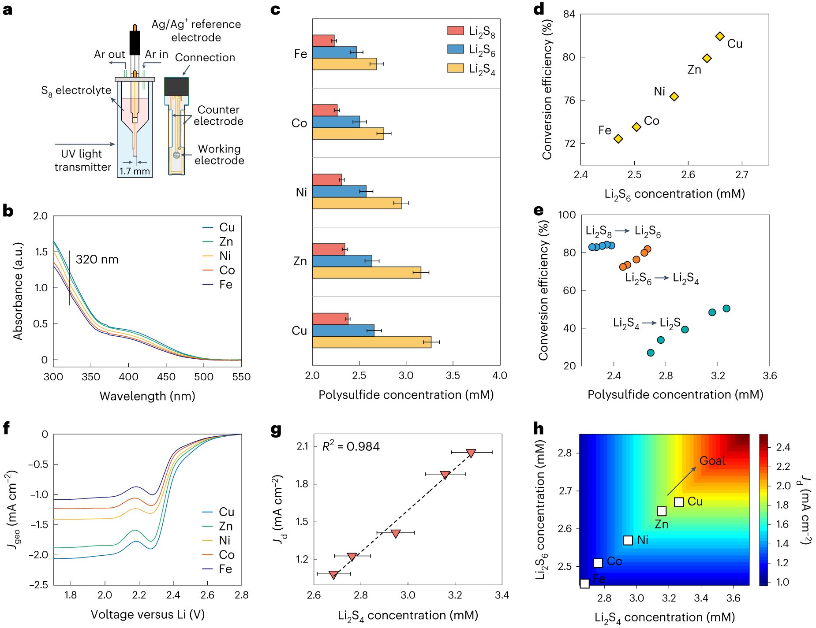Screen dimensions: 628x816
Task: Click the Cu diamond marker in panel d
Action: tap(720, 36)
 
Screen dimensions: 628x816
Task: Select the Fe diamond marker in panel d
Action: tap(618, 139)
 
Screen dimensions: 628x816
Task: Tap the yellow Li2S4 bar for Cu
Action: tap(371, 342)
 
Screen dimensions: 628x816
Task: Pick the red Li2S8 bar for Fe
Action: tap(323, 41)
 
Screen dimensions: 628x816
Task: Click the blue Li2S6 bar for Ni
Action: tap(339, 191)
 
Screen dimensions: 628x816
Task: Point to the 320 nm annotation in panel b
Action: tap(97, 260)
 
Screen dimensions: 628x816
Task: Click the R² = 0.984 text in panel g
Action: tap(351, 447)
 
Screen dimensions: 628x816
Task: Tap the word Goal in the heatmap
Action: tap(712, 461)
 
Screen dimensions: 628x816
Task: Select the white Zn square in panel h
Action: tap(662, 511)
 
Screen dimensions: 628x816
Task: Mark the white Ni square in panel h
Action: tap(628, 540)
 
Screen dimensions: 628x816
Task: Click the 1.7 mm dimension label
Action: tap(135, 171)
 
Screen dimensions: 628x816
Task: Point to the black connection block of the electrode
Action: tap(176, 86)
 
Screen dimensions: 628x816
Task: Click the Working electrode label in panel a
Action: tap(219, 155)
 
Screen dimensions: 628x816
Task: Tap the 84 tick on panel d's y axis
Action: tap(569, 14)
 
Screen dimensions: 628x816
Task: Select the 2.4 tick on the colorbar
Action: tap(783, 447)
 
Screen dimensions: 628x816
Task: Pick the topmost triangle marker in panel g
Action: tap(471, 453)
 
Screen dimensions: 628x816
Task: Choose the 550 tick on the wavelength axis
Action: tap(241, 377)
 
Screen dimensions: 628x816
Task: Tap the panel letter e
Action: tap(539, 211)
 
